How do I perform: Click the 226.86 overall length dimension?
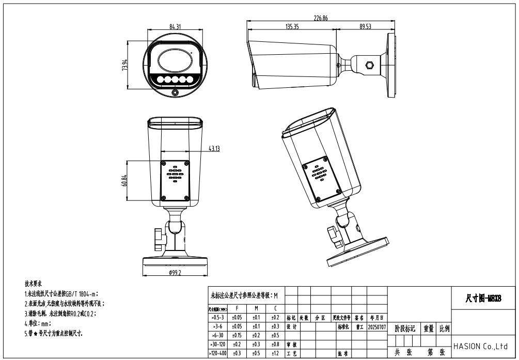[x=321, y=18]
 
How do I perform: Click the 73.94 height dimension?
[x=124, y=66]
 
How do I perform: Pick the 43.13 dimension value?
[x=214, y=149]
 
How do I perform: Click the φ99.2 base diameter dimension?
[x=175, y=272]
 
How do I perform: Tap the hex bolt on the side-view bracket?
[x=369, y=66]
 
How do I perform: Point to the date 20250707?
[x=376, y=327]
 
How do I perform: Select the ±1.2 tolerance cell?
[x=275, y=354]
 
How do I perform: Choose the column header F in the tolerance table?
[x=237, y=308]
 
